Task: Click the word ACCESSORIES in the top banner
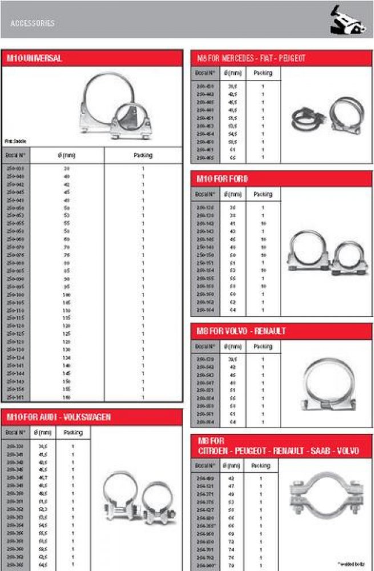33,23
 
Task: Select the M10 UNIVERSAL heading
34,58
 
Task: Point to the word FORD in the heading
238,179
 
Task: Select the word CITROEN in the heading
215,451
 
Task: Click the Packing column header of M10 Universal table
143,155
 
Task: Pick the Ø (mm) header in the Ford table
233,194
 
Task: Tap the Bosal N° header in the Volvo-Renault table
204,347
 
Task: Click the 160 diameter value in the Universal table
66,396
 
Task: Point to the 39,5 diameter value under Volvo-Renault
233,360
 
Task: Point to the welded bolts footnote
353,564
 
